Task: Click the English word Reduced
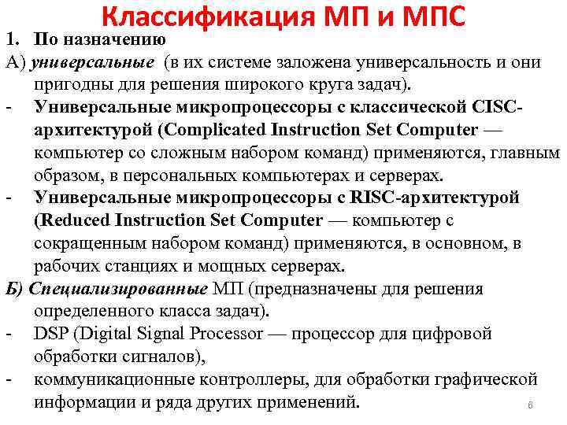click(x=71, y=220)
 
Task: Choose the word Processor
click(x=221, y=334)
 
